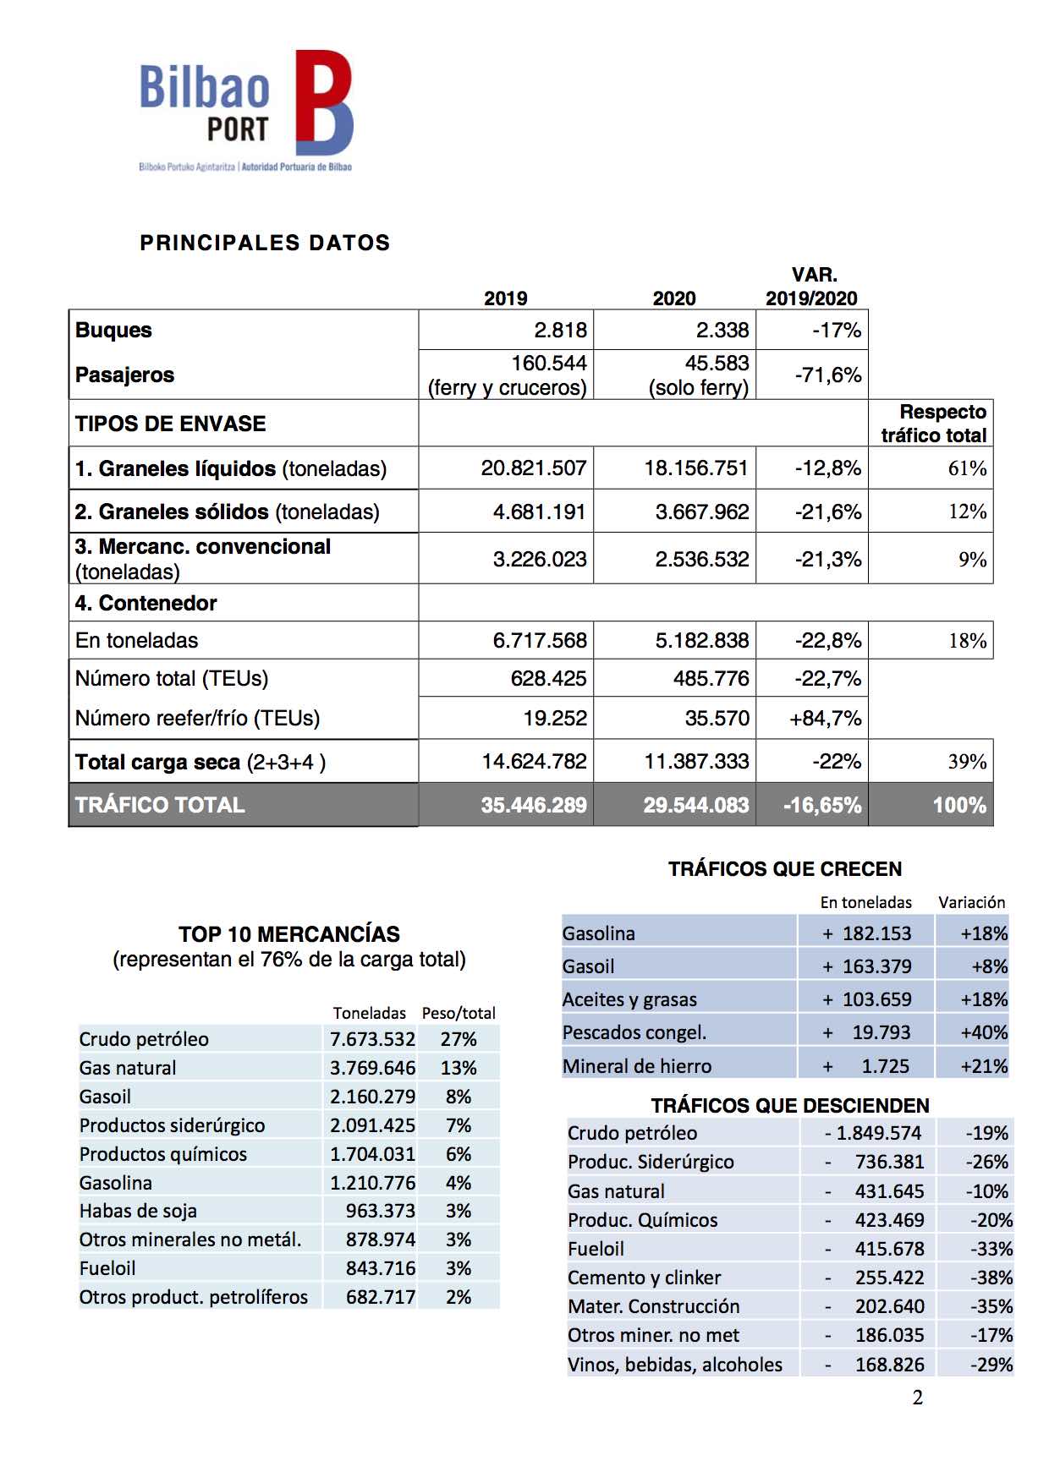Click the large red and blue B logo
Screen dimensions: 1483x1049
323,102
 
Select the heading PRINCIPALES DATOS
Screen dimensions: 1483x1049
265,244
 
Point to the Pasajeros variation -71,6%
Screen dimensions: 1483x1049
827,375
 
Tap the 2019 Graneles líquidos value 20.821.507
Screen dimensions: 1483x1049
533,468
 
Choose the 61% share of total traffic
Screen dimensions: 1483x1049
967,468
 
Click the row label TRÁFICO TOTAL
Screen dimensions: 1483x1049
160,805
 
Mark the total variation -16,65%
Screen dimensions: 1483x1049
821,805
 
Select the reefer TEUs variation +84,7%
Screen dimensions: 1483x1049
825,719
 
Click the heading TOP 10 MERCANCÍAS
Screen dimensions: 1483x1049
289,934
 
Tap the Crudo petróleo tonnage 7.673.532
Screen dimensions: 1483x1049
372,1039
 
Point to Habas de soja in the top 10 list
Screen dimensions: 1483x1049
138,1211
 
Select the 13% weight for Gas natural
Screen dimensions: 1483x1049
459,1068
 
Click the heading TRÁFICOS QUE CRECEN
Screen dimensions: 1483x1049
785,869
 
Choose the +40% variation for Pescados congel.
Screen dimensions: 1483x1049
983,1032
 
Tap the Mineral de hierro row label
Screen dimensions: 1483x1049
637,1066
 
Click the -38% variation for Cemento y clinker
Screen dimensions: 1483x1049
989,1278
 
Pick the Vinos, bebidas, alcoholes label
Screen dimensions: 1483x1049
675,1364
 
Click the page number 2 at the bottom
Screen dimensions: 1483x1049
918,1398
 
